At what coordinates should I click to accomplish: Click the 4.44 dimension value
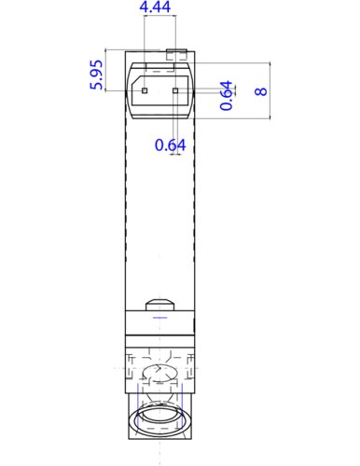[x=155, y=7]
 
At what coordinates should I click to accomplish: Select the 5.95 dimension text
[x=96, y=74]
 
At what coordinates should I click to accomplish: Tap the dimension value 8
[x=260, y=91]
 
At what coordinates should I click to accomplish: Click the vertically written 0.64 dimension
[x=227, y=96]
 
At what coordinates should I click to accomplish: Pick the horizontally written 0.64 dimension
[x=171, y=144]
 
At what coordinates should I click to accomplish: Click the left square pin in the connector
[x=145, y=91]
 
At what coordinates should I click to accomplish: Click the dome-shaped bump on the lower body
[x=160, y=304]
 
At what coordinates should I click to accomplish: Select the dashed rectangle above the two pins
[x=160, y=67]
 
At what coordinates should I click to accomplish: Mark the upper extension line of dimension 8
[x=233, y=62]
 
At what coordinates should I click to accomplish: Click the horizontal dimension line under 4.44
[x=155, y=21]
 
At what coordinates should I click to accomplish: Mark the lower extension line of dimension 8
[x=233, y=120]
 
